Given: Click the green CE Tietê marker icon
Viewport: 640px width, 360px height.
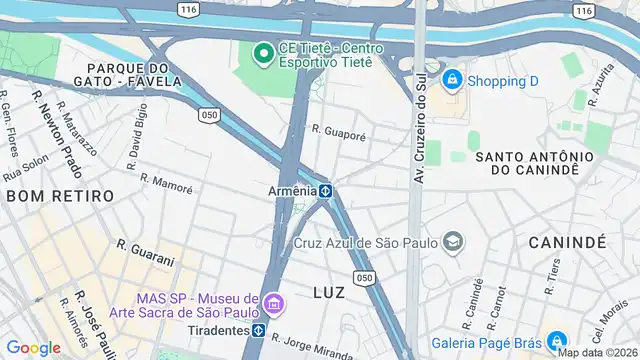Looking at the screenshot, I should pyautogui.click(x=264, y=52).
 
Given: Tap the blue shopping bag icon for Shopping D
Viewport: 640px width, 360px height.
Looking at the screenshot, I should pyautogui.click(x=452, y=78).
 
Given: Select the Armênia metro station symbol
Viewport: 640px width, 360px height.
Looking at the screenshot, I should pyautogui.click(x=326, y=190).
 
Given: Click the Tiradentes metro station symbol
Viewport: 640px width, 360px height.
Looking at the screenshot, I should pyautogui.click(x=259, y=330).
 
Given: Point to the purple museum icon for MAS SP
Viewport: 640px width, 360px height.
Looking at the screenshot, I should pyautogui.click(x=274, y=302).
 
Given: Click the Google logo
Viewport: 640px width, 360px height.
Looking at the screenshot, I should pyautogui.click(x=33, y=347).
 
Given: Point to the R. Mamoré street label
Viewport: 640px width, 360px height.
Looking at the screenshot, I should pyautogui.click(x=166, y=183).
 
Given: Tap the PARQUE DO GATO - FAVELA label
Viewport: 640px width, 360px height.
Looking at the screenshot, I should pyautogui.click(x=127, y=74).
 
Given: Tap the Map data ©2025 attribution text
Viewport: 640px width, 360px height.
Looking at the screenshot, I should pyautogui.click(x=598, y=352).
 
